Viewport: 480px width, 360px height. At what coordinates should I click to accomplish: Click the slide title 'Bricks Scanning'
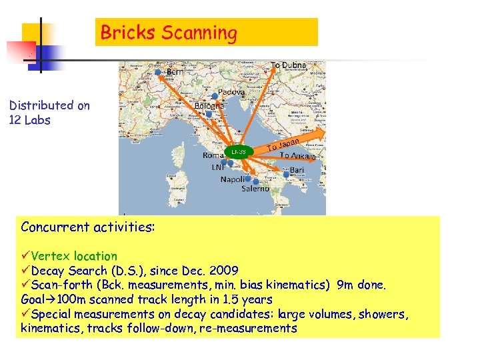click(169, 33)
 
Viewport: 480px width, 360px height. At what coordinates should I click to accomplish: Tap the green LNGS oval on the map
click(238, 151)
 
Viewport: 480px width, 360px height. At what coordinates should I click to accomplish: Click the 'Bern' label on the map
click(176, 71)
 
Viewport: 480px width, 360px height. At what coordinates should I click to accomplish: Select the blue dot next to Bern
click(158, 71)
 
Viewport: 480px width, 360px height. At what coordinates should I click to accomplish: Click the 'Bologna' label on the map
click(209, 105)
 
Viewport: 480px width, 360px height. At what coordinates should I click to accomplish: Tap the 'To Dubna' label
click(288, 65)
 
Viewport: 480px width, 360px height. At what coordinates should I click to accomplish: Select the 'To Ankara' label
click(297, 155)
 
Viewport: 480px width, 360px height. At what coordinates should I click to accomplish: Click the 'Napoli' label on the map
click(233, 180)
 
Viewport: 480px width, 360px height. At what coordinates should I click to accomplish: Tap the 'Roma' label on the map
click(215, 155)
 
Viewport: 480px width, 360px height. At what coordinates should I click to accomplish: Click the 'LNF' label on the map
click(218, 167)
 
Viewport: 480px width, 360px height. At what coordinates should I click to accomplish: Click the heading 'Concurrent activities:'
click(88, 227)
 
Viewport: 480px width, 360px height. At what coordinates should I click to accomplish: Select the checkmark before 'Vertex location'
click(25, 256)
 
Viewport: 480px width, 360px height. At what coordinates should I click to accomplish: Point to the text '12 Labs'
click(29, 121)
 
